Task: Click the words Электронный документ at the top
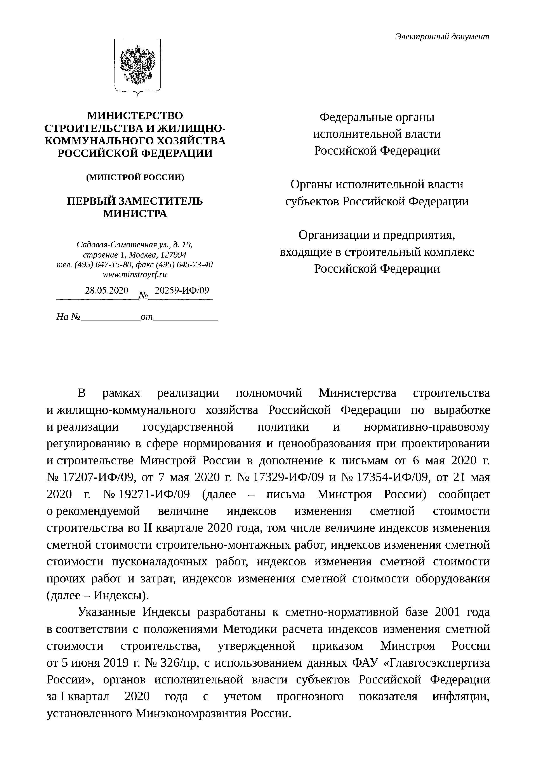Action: point(442,37)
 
